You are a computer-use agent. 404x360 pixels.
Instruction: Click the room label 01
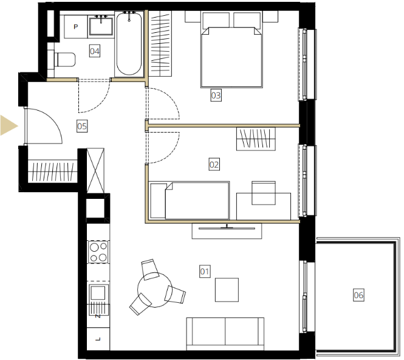(x=205, y=271)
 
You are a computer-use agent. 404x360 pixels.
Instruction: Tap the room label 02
(x=214, y=165)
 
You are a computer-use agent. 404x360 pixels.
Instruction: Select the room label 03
(x=216, y=95)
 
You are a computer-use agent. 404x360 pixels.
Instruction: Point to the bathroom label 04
(x=95, y=51)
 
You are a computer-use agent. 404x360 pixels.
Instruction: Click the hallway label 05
(x=82, y=126)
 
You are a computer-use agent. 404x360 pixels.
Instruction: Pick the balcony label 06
(x=358, y=295)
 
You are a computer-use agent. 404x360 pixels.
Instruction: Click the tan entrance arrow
(x=8, y=126)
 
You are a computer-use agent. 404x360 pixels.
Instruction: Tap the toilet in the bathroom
(x=64, y=60)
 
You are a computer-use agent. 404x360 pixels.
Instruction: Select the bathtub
(x=129, y=44)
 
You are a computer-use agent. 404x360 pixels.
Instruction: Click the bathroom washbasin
(x=101, y=26)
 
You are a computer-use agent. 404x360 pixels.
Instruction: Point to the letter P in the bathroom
(x=75, y=27)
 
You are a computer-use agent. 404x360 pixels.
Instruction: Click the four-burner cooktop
(x=98, y=252)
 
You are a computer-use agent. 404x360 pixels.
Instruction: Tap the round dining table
(x=154, y=289)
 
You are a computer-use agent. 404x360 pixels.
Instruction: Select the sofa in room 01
(x=225, y=334)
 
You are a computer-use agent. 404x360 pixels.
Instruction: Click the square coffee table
(x=227, y=289)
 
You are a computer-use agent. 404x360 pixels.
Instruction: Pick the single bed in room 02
(x=189, y=201)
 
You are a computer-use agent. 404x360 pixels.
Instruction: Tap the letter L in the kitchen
(x=98, y=339)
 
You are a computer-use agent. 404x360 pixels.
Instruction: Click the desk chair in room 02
(x=264, y=193)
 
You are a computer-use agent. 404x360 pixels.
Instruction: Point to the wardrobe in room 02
(x=256, y=139)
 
